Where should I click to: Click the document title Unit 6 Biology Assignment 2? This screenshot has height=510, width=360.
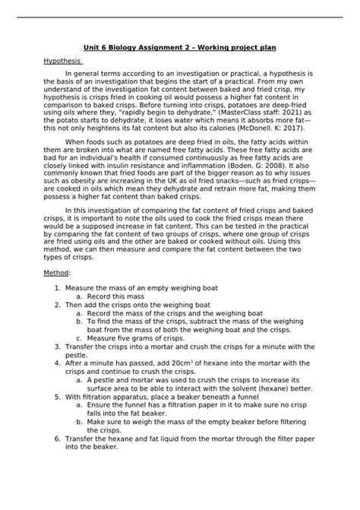click(x=179, y=44)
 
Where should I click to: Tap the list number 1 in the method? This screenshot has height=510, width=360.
click(x=58, y=289)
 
